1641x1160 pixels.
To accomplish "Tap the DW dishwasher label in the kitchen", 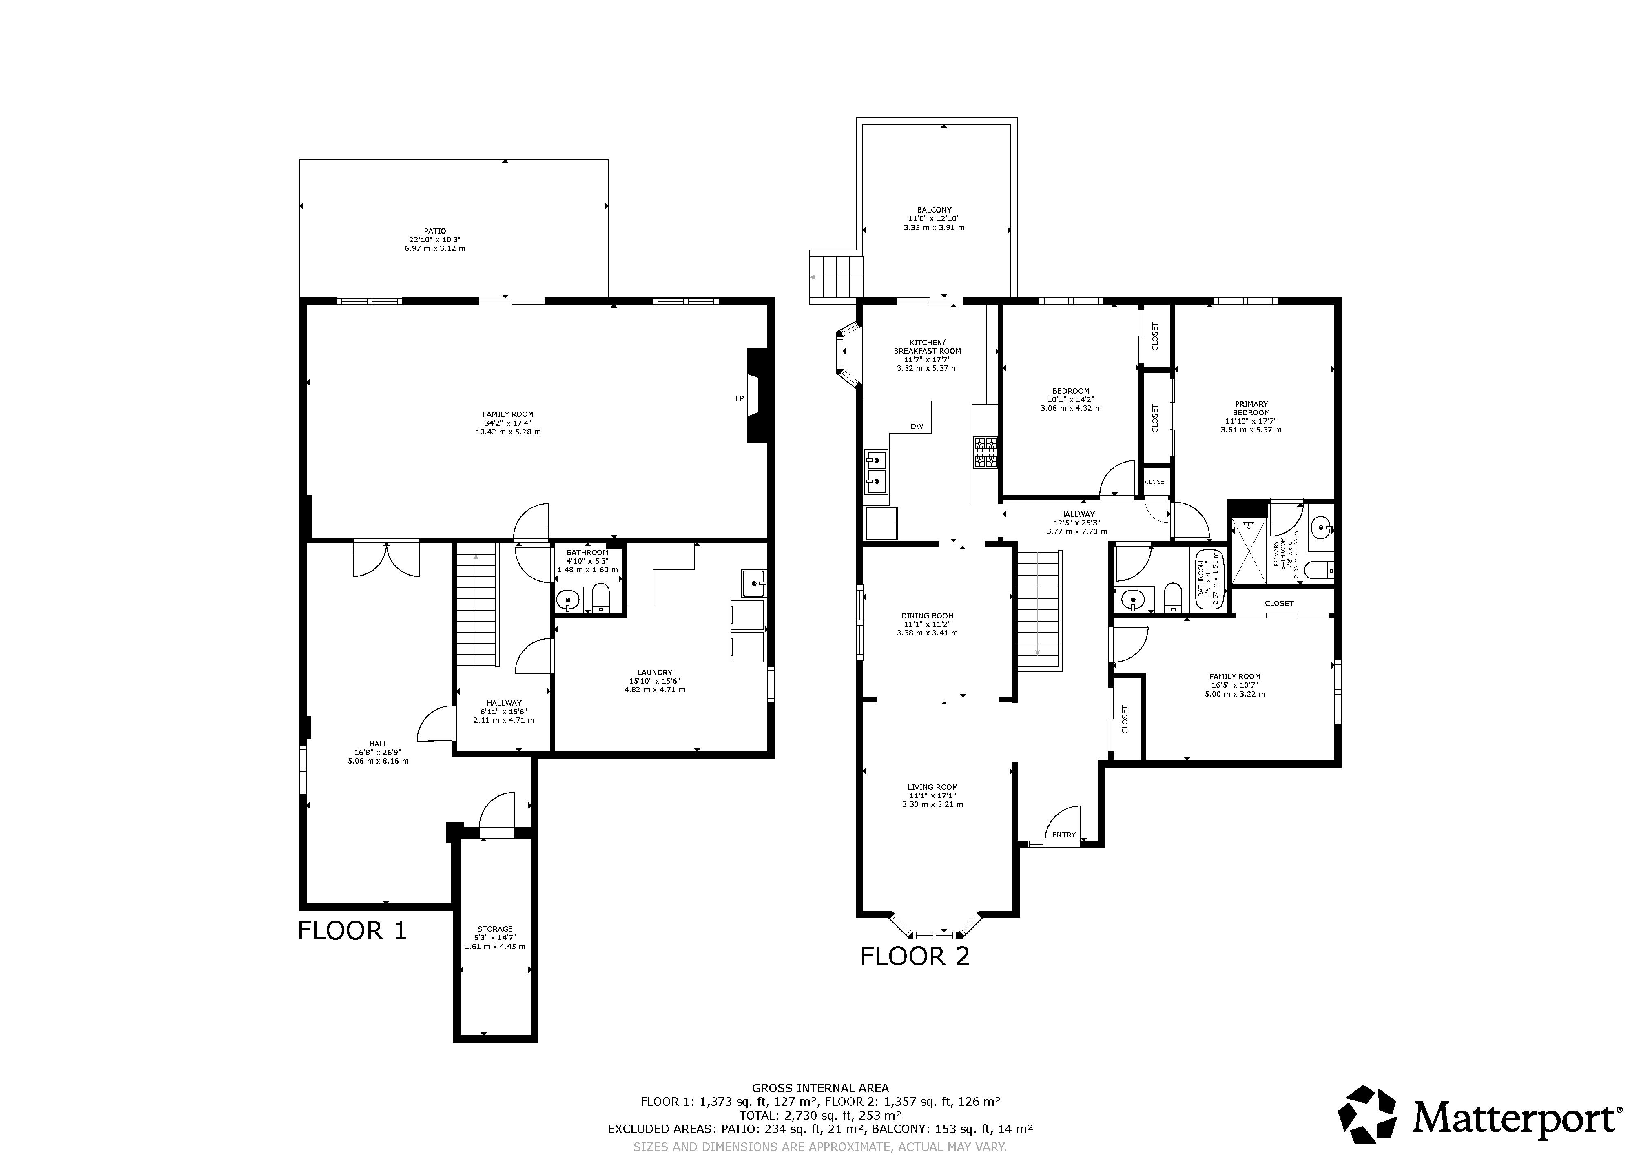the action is (x=917, y=427).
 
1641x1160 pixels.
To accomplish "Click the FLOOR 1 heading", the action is (x=352, y=931).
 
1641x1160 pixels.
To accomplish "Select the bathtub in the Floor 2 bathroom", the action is (x=1208, y=579).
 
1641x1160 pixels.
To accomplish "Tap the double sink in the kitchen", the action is (x=875, y=472).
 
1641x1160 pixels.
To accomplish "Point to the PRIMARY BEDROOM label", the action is (x=1251, y=408).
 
